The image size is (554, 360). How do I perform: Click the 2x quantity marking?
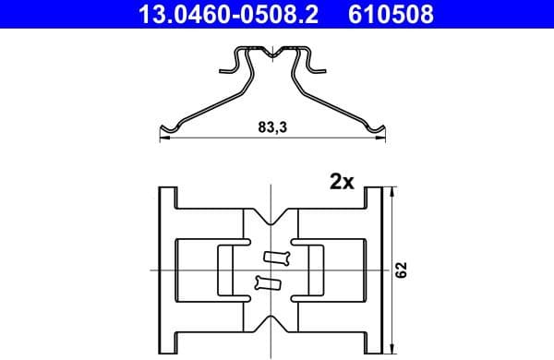click(342, 182)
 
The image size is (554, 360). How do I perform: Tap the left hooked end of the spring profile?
click(166, 128)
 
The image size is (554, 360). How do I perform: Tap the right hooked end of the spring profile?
click(375, 128)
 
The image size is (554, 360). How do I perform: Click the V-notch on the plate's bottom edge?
click(271, 322)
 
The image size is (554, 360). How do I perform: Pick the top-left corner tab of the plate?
click(167, 198)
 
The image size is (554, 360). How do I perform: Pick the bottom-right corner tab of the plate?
click(374, 341)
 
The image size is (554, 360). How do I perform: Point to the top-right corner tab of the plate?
click(374, 198)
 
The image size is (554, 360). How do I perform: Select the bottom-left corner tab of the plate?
click(167, 341)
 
